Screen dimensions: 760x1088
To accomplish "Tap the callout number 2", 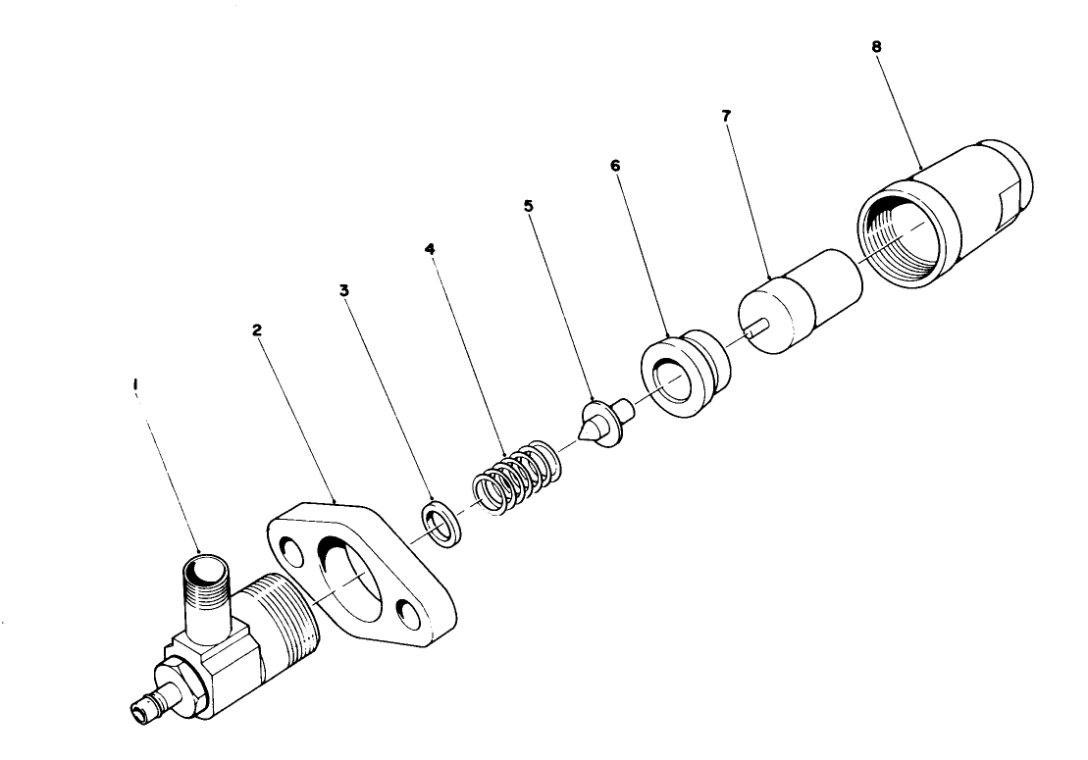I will [x=257, y=330].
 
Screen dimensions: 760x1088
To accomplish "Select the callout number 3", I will [x=343, y=290].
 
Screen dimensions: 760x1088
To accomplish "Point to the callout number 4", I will [x=430, y=249].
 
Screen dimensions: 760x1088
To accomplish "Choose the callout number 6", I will [x=615, y=166].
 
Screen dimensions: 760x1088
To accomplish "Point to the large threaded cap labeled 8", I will [x=942, y=211].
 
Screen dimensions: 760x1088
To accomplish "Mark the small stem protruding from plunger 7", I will [x=750, y=332].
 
